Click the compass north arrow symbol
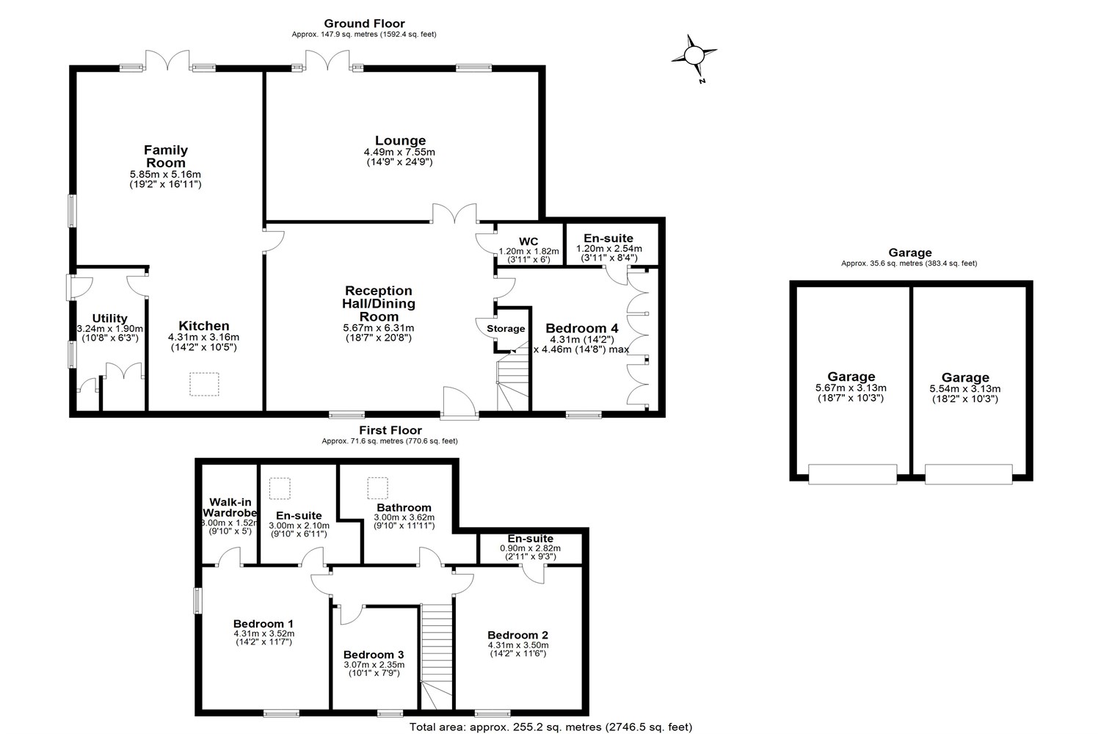click(x=694, y=56)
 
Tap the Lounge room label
click(x=400, y=141)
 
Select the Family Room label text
click(x=166, y=156)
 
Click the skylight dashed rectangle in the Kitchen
click(x=204, y=384)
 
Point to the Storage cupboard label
click(x=506, y=329)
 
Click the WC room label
click(x=528, y=241)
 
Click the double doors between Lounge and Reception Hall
click(x=455, y=214)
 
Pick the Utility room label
click(x=110, y=319)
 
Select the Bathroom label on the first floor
click(x=404, y=507)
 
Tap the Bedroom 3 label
click(x=374, y=655)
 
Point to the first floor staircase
click(x=437, y=653)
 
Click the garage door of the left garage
click(x=852, y=474)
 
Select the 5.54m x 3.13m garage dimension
click(x=964, y=389)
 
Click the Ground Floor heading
click(x=364, y=23)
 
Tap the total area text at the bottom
click(x=550, y=727)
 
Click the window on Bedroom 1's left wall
click(x=197, y=600)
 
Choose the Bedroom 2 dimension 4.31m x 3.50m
click(x=518, y=645)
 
